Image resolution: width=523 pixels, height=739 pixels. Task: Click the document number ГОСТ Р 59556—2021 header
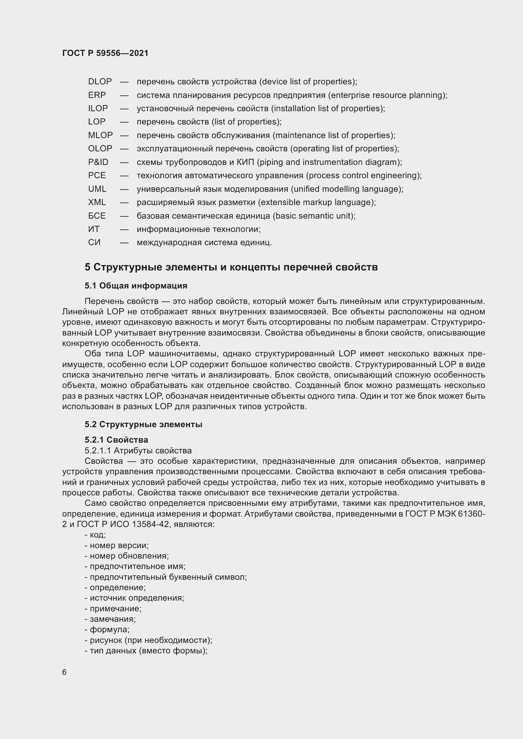click(105, 53)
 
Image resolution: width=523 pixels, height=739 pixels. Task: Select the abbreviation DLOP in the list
click(100, 82)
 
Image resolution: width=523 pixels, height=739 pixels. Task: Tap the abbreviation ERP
click(97, 95)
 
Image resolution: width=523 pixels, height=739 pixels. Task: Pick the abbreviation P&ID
click(98, 162)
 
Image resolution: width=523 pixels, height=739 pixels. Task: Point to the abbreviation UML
click(97, 189)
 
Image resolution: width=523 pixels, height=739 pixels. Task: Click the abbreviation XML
click(97, 203)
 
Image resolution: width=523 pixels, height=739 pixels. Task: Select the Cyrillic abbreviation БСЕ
click(97, 216)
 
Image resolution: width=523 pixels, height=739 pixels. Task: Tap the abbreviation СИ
click(94, 242)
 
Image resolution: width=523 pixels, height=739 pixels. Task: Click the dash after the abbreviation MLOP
click(124, 136)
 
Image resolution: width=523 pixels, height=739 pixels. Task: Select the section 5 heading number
click(88, 267)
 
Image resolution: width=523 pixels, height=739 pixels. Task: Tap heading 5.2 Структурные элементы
click(143, 425)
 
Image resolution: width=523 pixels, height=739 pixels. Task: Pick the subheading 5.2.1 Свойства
click(116, 440)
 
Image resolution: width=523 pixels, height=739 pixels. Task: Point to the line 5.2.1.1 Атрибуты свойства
click(138, 451)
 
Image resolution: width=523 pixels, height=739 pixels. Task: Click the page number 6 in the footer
click(65, 672)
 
